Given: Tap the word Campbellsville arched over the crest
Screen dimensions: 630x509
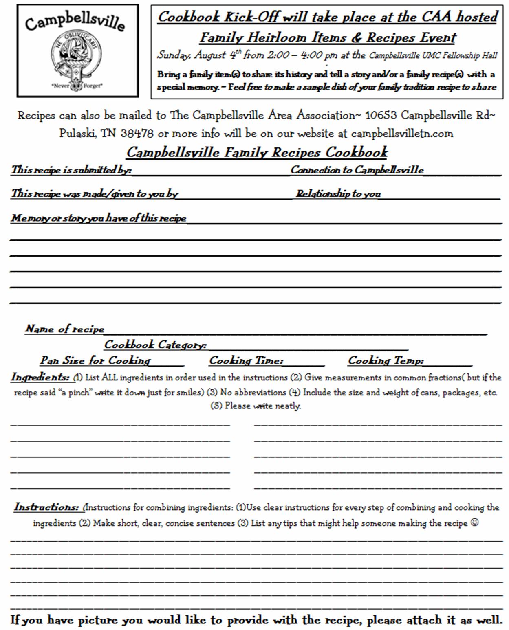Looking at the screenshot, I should pos(75,21).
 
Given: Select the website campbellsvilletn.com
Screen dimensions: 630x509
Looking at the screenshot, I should pos(402,134).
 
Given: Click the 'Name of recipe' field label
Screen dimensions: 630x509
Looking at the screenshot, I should pos(65,329).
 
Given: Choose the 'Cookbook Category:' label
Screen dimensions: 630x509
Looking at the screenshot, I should pos(155,345).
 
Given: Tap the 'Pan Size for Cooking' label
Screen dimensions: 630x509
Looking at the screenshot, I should pos(95,360).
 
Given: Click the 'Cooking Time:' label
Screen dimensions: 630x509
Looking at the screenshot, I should pos(246,360).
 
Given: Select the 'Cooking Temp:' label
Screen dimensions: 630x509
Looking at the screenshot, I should pos(386,360).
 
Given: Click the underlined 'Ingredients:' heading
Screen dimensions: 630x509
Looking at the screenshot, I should pos(40,377).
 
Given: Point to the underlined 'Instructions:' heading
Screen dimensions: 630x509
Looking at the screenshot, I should pos(46,507).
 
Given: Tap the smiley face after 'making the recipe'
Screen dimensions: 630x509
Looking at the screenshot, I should pos(474,522).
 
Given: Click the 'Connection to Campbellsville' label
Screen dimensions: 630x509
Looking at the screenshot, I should pos(357,170).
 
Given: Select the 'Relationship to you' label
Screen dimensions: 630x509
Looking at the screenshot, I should pos(338,193).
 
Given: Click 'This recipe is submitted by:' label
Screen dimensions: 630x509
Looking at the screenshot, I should pos(71,170).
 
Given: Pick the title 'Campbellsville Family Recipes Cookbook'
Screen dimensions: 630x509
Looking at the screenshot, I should pos(257,152).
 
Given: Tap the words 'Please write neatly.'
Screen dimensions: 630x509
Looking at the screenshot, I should pos(262,406).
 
